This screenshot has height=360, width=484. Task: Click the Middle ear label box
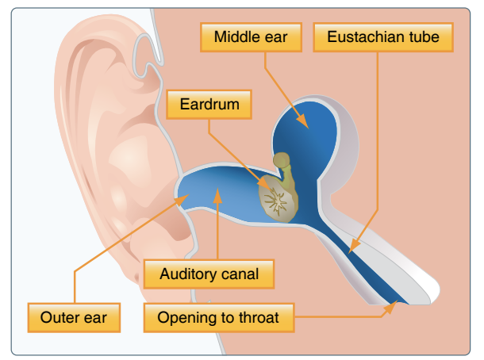click(250, 36)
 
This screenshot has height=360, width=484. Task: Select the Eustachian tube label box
click(382, 36)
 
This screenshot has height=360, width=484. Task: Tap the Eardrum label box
click(209, 105)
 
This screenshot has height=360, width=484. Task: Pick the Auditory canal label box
click(209, 275)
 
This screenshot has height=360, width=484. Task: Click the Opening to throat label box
click(218, 318)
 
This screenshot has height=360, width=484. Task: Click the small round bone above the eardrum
click(281, 160)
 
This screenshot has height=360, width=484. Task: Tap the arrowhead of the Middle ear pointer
click(305, 124)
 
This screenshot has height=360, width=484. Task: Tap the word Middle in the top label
click(235, 36)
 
